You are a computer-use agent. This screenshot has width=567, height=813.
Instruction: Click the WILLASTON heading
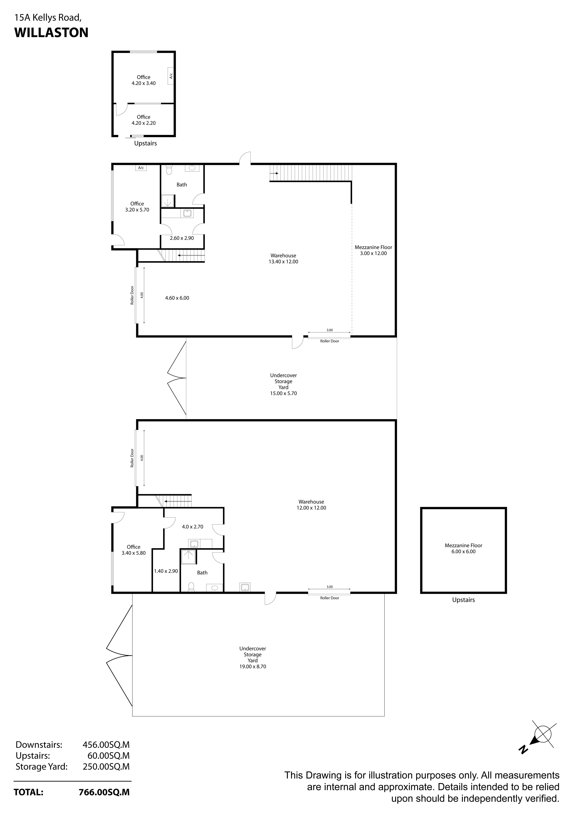[x=51, y=33]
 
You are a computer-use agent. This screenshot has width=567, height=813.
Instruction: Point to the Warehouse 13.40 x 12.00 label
[x=283, y=259]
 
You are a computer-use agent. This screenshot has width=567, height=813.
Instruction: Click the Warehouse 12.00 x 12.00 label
[x=311, y=505]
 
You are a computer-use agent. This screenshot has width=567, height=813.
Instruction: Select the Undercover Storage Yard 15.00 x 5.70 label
[x=283, y=384]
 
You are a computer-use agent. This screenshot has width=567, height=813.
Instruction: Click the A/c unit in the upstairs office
[x=170, y=76]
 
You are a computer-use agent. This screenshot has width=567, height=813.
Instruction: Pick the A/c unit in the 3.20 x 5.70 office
[x=141, y=168]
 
